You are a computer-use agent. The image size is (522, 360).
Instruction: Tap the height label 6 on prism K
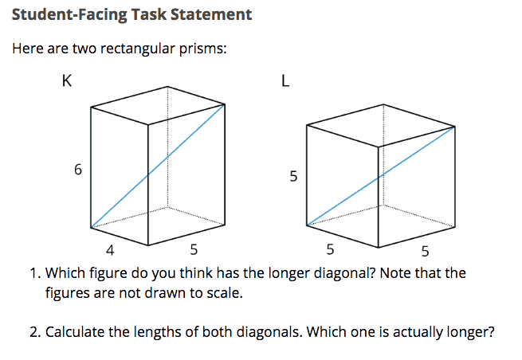77,170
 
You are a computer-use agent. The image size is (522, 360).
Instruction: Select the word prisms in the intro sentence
204,49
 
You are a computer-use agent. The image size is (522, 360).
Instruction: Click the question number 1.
35,274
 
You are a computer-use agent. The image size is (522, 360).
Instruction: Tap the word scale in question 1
225,293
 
